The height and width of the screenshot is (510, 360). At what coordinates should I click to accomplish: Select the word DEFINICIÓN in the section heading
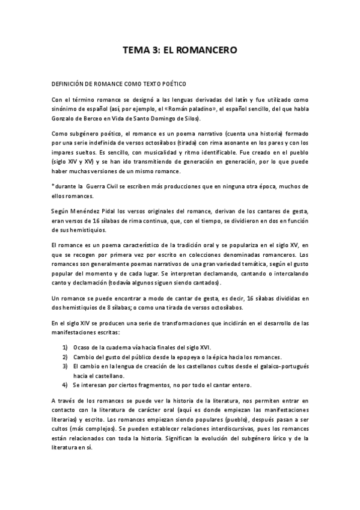(x=69, y=84)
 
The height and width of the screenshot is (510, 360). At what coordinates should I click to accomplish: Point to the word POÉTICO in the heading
(x=173, y=84)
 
